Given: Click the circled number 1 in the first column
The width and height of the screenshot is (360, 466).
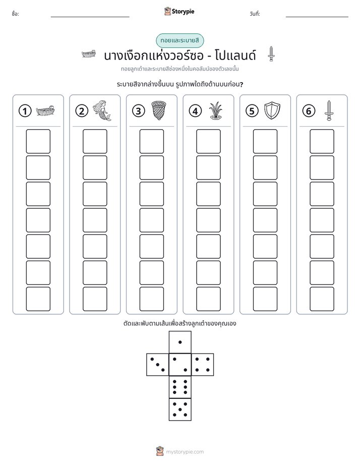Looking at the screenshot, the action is point(25,111).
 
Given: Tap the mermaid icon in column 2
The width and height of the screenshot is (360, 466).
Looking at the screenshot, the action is point(102,110).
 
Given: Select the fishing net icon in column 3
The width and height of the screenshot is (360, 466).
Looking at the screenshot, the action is point(159,110).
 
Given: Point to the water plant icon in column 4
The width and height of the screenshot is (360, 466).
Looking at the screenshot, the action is point(215,111).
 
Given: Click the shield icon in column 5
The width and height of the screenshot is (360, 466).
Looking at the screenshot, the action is point(272,110).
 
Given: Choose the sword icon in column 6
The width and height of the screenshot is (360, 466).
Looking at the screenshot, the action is point(329,110).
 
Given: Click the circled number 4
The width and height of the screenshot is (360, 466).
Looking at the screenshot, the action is point(195,111).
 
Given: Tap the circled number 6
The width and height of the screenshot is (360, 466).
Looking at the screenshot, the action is point(309,111).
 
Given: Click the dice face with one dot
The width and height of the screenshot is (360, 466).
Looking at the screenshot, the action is point(180,342).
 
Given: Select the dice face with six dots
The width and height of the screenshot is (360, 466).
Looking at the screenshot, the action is point(180,387).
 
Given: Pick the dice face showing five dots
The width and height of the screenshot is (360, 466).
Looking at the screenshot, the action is point(180,409).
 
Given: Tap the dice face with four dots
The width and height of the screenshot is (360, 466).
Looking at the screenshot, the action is point(203,365).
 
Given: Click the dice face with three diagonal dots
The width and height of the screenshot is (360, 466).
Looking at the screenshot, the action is point(158,365).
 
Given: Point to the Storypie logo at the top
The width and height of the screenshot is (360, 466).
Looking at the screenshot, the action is point(179,11).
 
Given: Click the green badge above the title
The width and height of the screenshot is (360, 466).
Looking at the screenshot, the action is point(180,40).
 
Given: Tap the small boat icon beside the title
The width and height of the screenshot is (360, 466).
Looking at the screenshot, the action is point(89,54).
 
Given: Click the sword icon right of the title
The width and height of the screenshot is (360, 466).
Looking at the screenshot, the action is point(271,54).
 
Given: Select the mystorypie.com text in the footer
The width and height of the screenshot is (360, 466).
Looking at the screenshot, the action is point(185,452).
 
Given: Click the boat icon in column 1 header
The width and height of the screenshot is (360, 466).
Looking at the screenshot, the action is point(45,111).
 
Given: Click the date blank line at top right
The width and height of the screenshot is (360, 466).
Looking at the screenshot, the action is point(317,17).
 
